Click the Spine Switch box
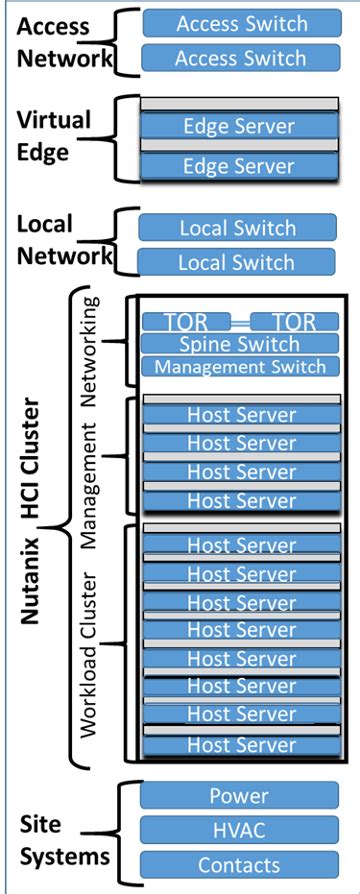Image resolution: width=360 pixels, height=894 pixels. [x=240, y=344]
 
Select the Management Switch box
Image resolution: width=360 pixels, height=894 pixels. [x=240, y=367]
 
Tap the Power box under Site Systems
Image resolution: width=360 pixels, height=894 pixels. [x=238, y=797]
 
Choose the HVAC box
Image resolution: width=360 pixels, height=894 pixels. [x=238, y=830]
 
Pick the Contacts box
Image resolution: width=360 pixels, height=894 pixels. [x=238, y=864]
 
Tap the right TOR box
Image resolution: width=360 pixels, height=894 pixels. [x=293, y=321]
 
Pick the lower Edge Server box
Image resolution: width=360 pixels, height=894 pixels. [x=240, y=166]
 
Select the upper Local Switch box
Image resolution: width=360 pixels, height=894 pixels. [x=238, y=228]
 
